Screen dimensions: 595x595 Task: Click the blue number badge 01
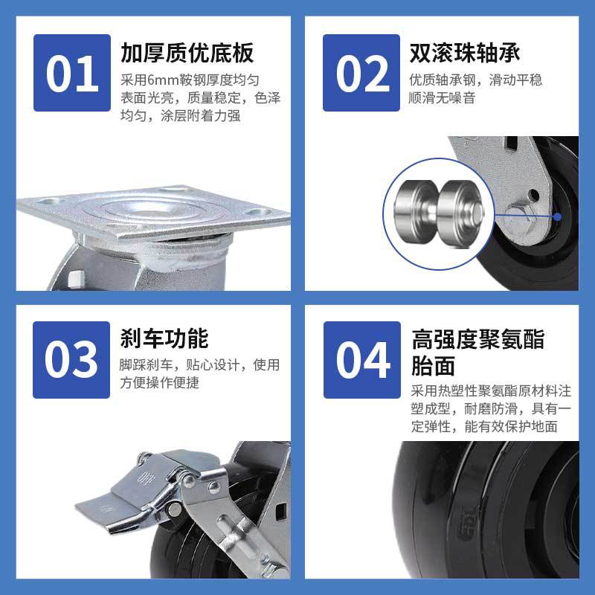tap(72, 73)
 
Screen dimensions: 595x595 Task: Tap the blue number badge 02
tap(361, 73)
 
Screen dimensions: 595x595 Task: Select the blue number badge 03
tap(71, 360)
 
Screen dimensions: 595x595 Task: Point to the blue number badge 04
tap(362, 360)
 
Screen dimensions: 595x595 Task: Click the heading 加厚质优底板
tap(187, 53)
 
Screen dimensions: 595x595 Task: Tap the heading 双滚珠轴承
tap(465, 53)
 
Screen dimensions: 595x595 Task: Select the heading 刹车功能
tap(164, 338)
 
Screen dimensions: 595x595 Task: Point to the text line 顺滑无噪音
tap(442, 98)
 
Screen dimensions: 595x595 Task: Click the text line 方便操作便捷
tap(159, 382)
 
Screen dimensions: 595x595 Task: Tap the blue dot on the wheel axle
tap(557, 216)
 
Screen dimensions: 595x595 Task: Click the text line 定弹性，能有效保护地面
tap(484, 426)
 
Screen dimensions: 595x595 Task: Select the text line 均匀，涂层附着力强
tap(180, 115)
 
